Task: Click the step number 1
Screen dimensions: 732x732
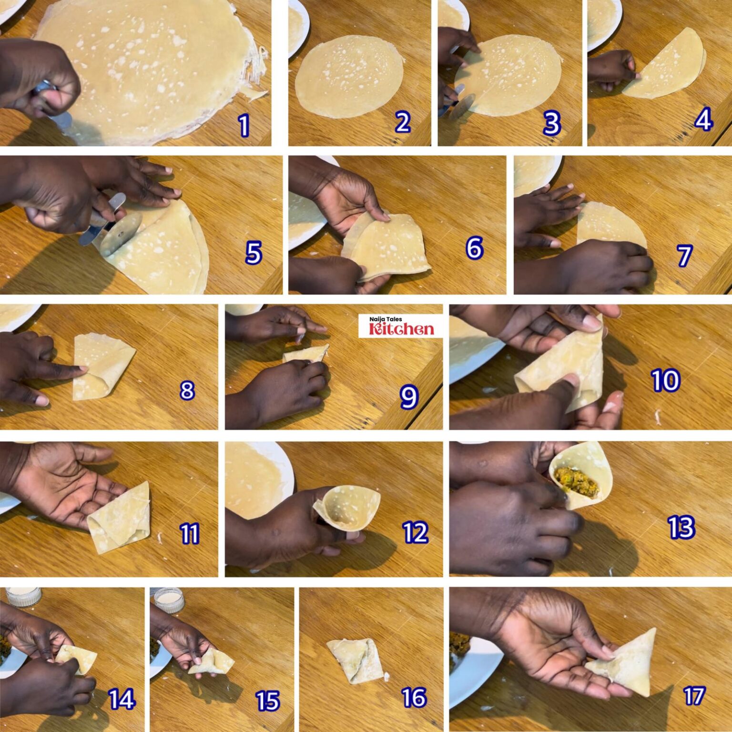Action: (244, 125)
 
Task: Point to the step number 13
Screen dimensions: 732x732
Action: (681, 527)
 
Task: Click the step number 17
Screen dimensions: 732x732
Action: (694, 696)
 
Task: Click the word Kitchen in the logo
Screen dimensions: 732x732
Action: (401, 329)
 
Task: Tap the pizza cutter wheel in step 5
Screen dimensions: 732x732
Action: (122, 234)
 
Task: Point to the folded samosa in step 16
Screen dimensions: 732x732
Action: (356, 660)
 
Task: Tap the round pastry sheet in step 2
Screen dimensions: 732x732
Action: (349, 76)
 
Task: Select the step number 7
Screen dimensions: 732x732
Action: (685, 255)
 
